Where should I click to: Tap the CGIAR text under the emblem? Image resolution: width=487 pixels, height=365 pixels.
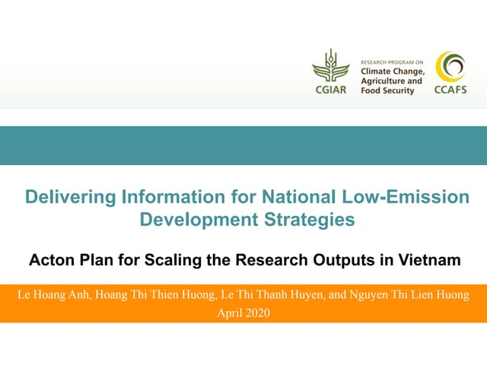[x=329, y=90]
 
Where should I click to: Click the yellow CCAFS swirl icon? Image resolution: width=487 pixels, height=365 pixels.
[x=449, y=67]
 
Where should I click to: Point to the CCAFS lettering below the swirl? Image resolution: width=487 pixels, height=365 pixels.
[x=449, y=90]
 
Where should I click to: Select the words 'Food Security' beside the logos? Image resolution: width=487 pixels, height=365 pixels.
[x=387, y=90]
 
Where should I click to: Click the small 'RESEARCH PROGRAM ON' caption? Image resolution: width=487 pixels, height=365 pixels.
[x=391, y=61]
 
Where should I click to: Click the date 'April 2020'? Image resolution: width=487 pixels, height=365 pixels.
[x=243, y=312]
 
